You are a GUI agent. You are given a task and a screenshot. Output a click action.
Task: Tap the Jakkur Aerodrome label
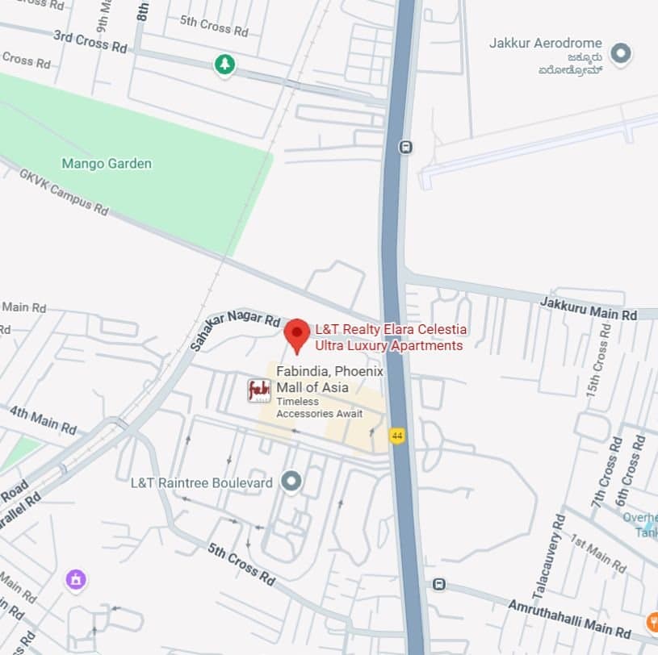click(x=545, y=43)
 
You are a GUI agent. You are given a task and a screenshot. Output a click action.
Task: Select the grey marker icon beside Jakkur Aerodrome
click(x=620, y=54)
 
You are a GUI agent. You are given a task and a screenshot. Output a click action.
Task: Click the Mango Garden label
click(x=107, y=164)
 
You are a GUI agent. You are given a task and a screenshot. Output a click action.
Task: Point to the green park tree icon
click(x=224, y=65)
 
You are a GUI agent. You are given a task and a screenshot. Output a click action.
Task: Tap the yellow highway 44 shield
click(x=396, y=436)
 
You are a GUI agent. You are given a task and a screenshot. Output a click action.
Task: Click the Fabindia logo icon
click(x=259, y=390)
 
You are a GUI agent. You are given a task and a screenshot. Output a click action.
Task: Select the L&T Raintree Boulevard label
click(x=202, y=482)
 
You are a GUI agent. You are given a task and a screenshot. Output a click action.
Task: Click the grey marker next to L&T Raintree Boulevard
click(x=291, y=482)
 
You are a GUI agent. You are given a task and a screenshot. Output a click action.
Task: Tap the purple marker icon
click(x=76, y=579)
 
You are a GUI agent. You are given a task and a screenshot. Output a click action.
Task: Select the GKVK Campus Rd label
click(x=64, y=192)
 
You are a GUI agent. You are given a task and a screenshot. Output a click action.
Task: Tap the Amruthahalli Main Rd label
click(x=569, y=617)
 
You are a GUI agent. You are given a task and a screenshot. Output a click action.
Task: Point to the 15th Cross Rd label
click(x=600, y=356)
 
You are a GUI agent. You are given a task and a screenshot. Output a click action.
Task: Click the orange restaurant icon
click(x=652, y=622)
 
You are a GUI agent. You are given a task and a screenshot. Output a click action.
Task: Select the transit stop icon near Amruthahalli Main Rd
click(x=438, y=584)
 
